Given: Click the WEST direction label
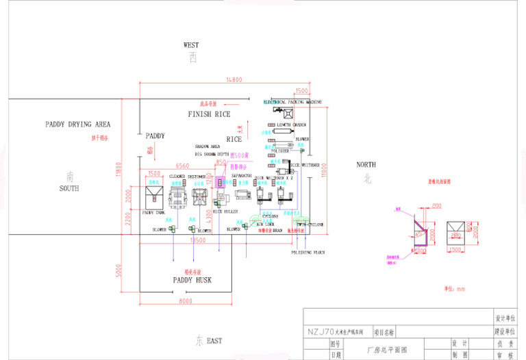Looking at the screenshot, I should [191, 45].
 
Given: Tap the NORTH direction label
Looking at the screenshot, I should [366, 165].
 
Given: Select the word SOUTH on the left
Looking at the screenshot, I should [68, 188].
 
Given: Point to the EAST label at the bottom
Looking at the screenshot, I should [214, 340].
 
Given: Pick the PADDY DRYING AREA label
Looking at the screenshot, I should [77, 125].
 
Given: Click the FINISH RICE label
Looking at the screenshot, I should [209, 114].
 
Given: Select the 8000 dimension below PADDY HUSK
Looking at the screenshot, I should [185, 301].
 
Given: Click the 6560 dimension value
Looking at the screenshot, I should [182, 166].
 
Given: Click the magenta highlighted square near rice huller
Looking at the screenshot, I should [221, 183].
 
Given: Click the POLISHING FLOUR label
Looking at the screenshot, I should [308, 253].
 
